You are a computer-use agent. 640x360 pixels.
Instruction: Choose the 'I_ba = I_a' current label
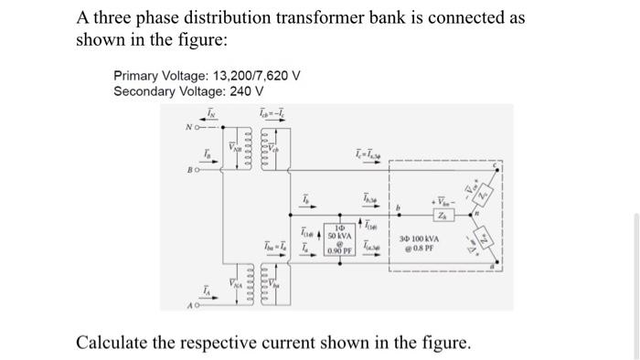coord(272,246)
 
